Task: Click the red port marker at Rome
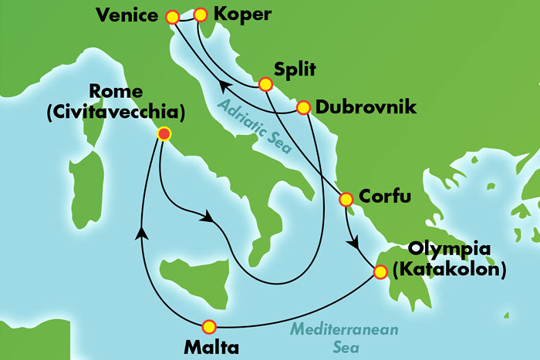coord(164,134)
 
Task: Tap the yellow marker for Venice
coord(172,15)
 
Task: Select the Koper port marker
coord(200,15)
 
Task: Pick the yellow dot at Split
coord(265,84)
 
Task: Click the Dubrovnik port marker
coord(303,107)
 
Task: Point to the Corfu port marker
coord(346,200)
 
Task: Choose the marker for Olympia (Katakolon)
coord(380,271)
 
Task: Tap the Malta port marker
coord(206,325)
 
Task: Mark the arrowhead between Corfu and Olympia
coord(354,241)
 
